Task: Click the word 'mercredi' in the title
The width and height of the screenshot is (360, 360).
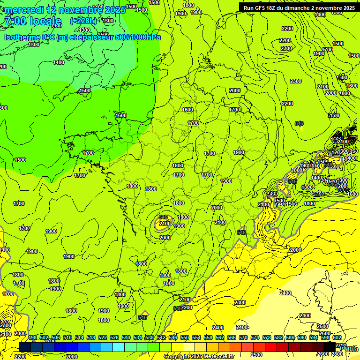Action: click(x=24, y=10)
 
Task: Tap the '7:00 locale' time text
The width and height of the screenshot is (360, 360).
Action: click(x=32, y=21)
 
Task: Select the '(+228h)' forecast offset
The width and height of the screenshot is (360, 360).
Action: click(x=83, y=21)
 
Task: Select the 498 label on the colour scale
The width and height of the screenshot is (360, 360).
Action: click(x=32, y=337)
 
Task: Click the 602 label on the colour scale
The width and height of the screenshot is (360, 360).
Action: click(x=337, y=337)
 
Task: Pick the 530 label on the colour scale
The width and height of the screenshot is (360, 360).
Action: click(x=126, y=337)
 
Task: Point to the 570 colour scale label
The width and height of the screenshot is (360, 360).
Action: click(x=243, y=337)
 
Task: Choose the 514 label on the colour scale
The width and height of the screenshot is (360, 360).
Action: click(x=79, y=337)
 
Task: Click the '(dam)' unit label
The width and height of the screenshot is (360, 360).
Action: click(x=347, y=348)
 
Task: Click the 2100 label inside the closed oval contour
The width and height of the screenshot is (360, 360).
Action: click(x=165, y=224)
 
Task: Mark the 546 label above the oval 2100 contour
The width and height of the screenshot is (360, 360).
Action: click(x=163, y=217)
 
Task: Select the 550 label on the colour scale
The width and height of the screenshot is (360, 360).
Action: click(x=185, y=337)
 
